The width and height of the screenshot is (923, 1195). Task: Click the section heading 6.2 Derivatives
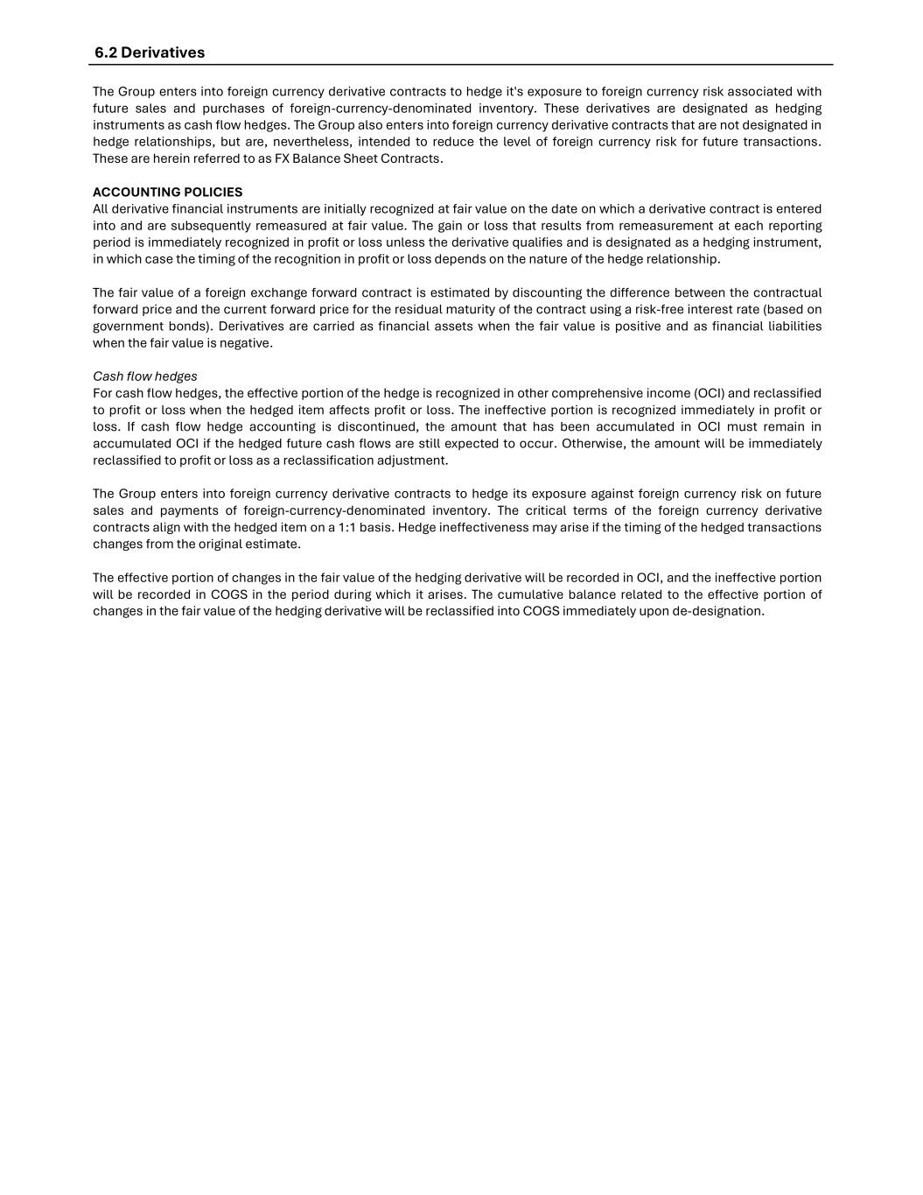click(x=150, y=53)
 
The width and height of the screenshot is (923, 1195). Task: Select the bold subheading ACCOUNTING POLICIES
click(x=167, y=192)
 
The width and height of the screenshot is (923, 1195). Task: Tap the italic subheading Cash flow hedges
click(x=144, y=376)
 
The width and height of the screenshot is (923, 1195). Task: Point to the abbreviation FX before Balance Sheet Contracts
click(x=282, y=159)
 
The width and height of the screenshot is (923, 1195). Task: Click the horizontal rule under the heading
click(x=460, y=65)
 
